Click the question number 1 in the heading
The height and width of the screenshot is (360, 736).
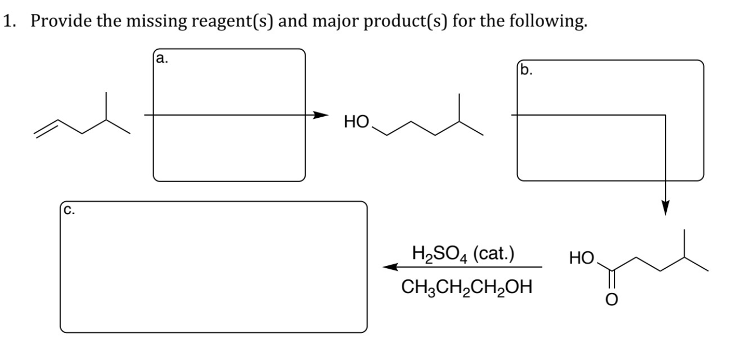[x=7, y=22]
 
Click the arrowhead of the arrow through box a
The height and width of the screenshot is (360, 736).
[x=321, y=115]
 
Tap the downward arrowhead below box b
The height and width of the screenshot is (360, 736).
[x=665, y=209]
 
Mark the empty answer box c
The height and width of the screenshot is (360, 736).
[x=214, y=267]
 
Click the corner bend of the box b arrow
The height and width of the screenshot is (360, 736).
[x=665, y=115]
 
